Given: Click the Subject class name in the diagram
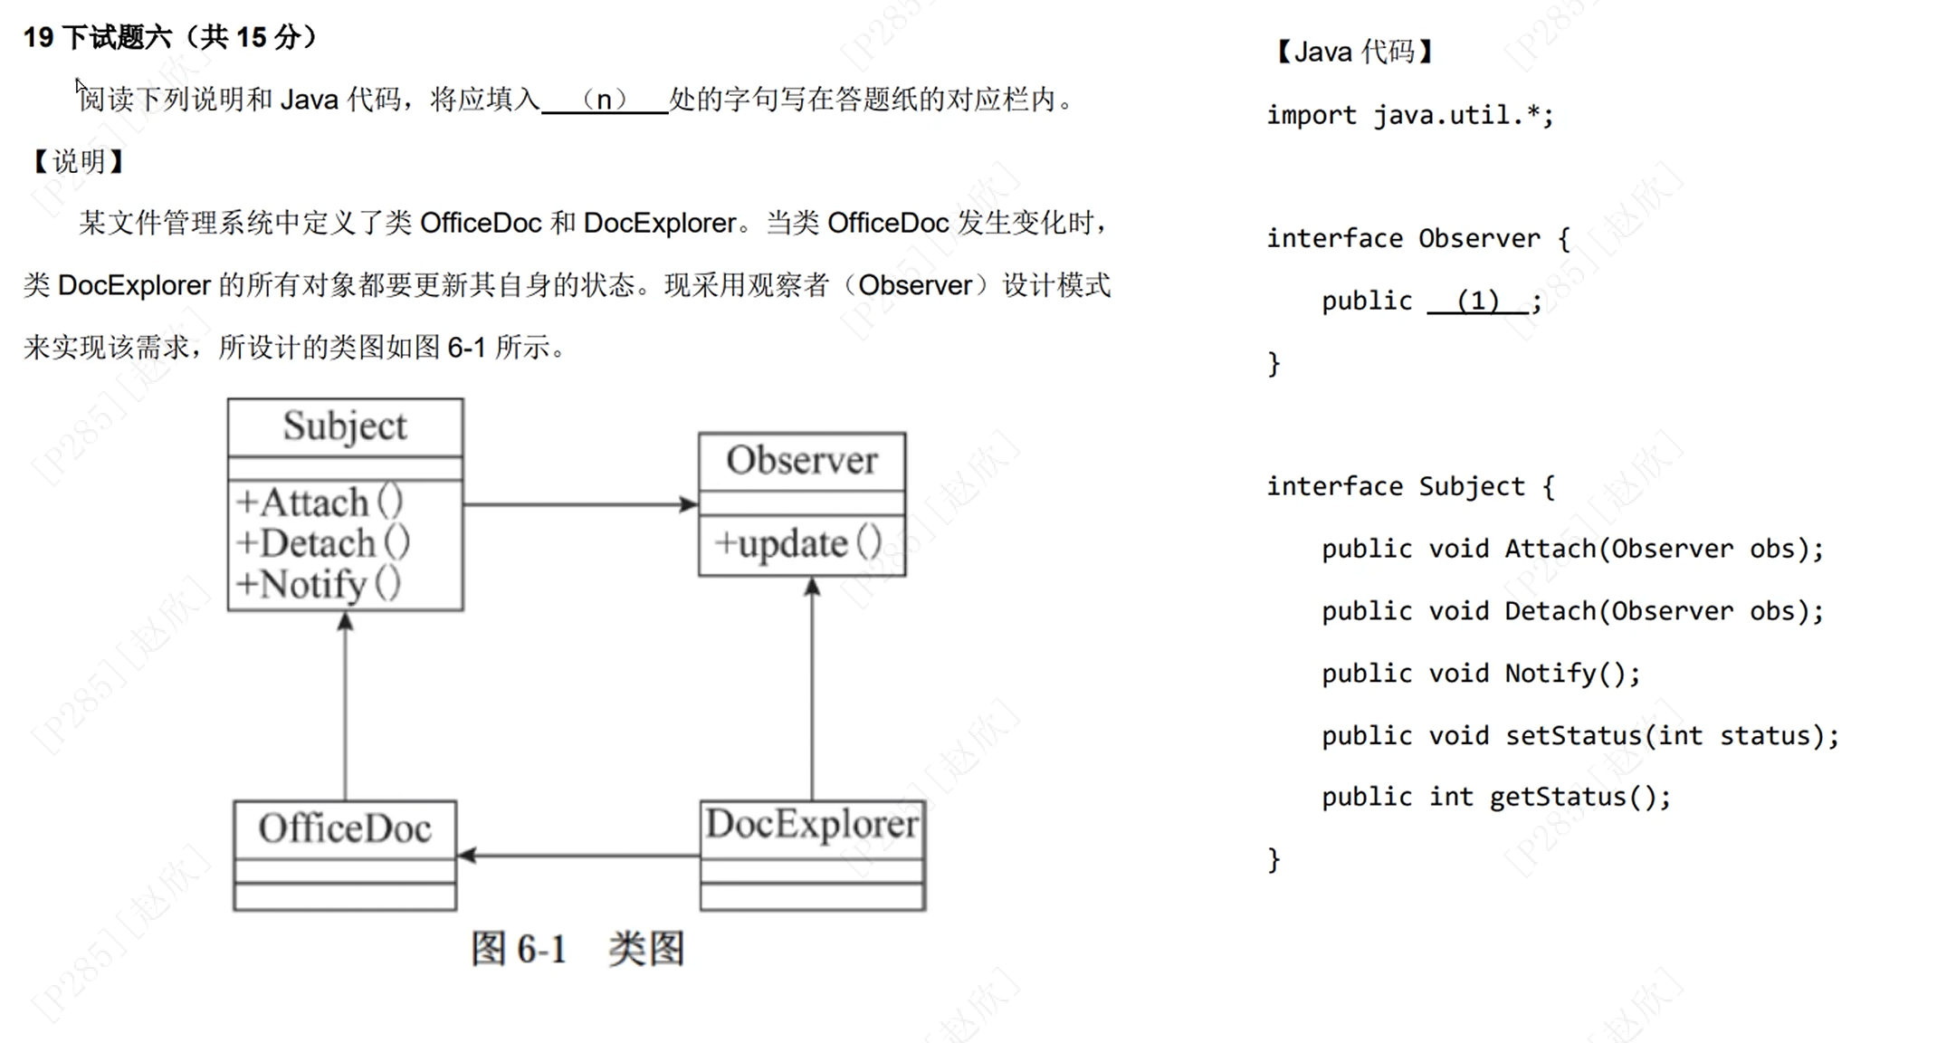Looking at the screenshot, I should pyautogui.click(x=345, y=426).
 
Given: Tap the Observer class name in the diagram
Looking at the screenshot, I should pyautogui.click(x=801, y=461).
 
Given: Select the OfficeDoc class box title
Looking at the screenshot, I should pyautogui.click(x=345, y=828).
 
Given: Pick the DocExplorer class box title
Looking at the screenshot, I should pyautogui.click(x=812, y=824).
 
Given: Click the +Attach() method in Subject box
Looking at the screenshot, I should pyautogui.click(x=319, y=502).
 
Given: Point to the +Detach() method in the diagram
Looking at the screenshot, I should pyautogui.click(x=322, y=543).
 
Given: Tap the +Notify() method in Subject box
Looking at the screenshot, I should pyautogui.click(x=318, y=584).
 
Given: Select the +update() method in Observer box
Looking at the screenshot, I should pyautogui.click(x=797, y=543).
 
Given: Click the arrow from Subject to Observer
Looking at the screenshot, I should pyautogui.click(x=579, y=504).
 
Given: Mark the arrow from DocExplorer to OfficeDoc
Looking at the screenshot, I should pyautogui.click(x=579, y=855).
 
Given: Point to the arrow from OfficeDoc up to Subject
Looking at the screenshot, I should pyautogui.click(x=345, y=706).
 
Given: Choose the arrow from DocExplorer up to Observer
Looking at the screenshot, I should pyautogui.click(x=812, y=688).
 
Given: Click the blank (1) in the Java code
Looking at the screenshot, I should pyautogui.click(x=1477, y=301).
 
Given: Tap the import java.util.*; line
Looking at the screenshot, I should pyautogui.click(x=1409, y=115).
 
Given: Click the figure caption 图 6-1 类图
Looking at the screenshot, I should pyautogui.click(x=577, y=949).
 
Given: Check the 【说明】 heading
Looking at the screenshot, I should pyautogui.click(x=78, y=162).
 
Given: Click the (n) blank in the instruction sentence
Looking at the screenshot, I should pyautogui.click(x=604, y=99).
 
